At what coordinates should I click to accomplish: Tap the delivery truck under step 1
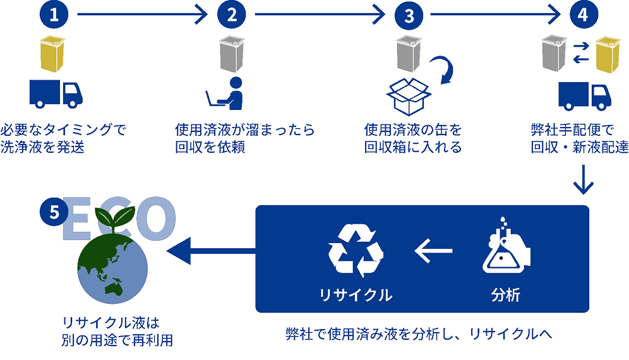(56, 93)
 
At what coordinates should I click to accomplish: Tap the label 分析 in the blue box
(505, 295)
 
